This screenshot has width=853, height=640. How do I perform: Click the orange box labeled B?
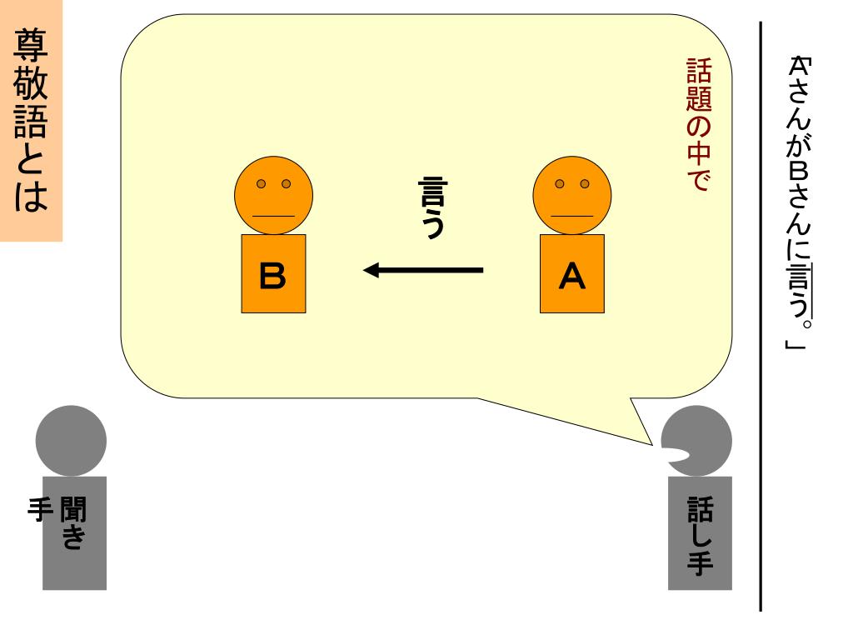pyautogui.click(x=273, y=273)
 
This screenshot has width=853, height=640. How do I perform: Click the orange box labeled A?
pyautogui.click(x=571, y=273)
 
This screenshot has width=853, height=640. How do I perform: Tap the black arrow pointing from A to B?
pyautogui.click(x=424, y=270)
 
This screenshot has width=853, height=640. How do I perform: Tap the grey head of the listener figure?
pyautogui.click(x=72, y=441)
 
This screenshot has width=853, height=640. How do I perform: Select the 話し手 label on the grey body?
pyautogui.click(x=698, y=533)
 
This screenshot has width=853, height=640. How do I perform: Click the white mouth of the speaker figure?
pyautogui.click(x=676, y=455)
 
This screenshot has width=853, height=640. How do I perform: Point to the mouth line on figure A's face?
pyautogui.click(x=571, y=215)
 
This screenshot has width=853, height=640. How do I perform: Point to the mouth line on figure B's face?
pyautogui.click(x=273, y=215)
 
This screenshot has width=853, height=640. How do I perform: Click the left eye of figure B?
pyautogui.click(x=262, y=183)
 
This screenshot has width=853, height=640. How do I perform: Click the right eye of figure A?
pyautogui.click(x=584, y=183)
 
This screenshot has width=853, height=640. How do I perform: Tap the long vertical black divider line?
pyautogui.click(x=761, y=317)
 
